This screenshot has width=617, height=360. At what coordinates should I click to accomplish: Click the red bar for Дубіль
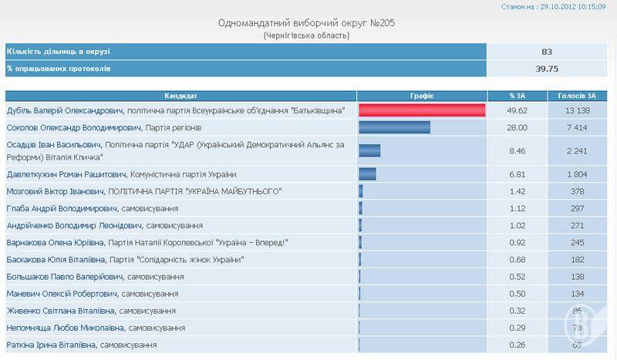[x=422, y=110]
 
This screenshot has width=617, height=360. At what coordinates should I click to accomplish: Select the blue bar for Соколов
[x=394, y=127]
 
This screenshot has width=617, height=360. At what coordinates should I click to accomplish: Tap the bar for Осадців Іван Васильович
[x=369, y=150]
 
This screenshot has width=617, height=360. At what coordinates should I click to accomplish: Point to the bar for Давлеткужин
[x=367, y=174]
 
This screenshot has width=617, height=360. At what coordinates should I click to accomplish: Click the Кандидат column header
[x=180, y=96]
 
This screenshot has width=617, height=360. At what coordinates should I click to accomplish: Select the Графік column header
[x=421, y=96]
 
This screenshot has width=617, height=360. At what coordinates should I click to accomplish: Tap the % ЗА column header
[x=517, y=96]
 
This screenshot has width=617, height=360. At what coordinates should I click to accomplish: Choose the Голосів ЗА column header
[x=578, y=96]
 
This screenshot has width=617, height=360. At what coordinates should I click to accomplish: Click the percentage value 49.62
[x=518, y=111]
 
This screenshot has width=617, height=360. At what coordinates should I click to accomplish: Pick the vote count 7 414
[x=578, y=127]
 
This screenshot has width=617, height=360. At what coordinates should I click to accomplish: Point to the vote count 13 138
[x=578, y=111]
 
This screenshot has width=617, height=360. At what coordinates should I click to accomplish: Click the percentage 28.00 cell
[x=518, y=127]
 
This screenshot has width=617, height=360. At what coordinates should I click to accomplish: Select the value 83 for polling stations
[x=547, y=52]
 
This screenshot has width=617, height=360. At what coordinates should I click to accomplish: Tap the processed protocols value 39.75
[x=547, y=69]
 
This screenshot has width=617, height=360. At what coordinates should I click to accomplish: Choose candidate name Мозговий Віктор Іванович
[x=55, y=191]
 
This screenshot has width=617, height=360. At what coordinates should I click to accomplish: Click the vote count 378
[x=578, y=191]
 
